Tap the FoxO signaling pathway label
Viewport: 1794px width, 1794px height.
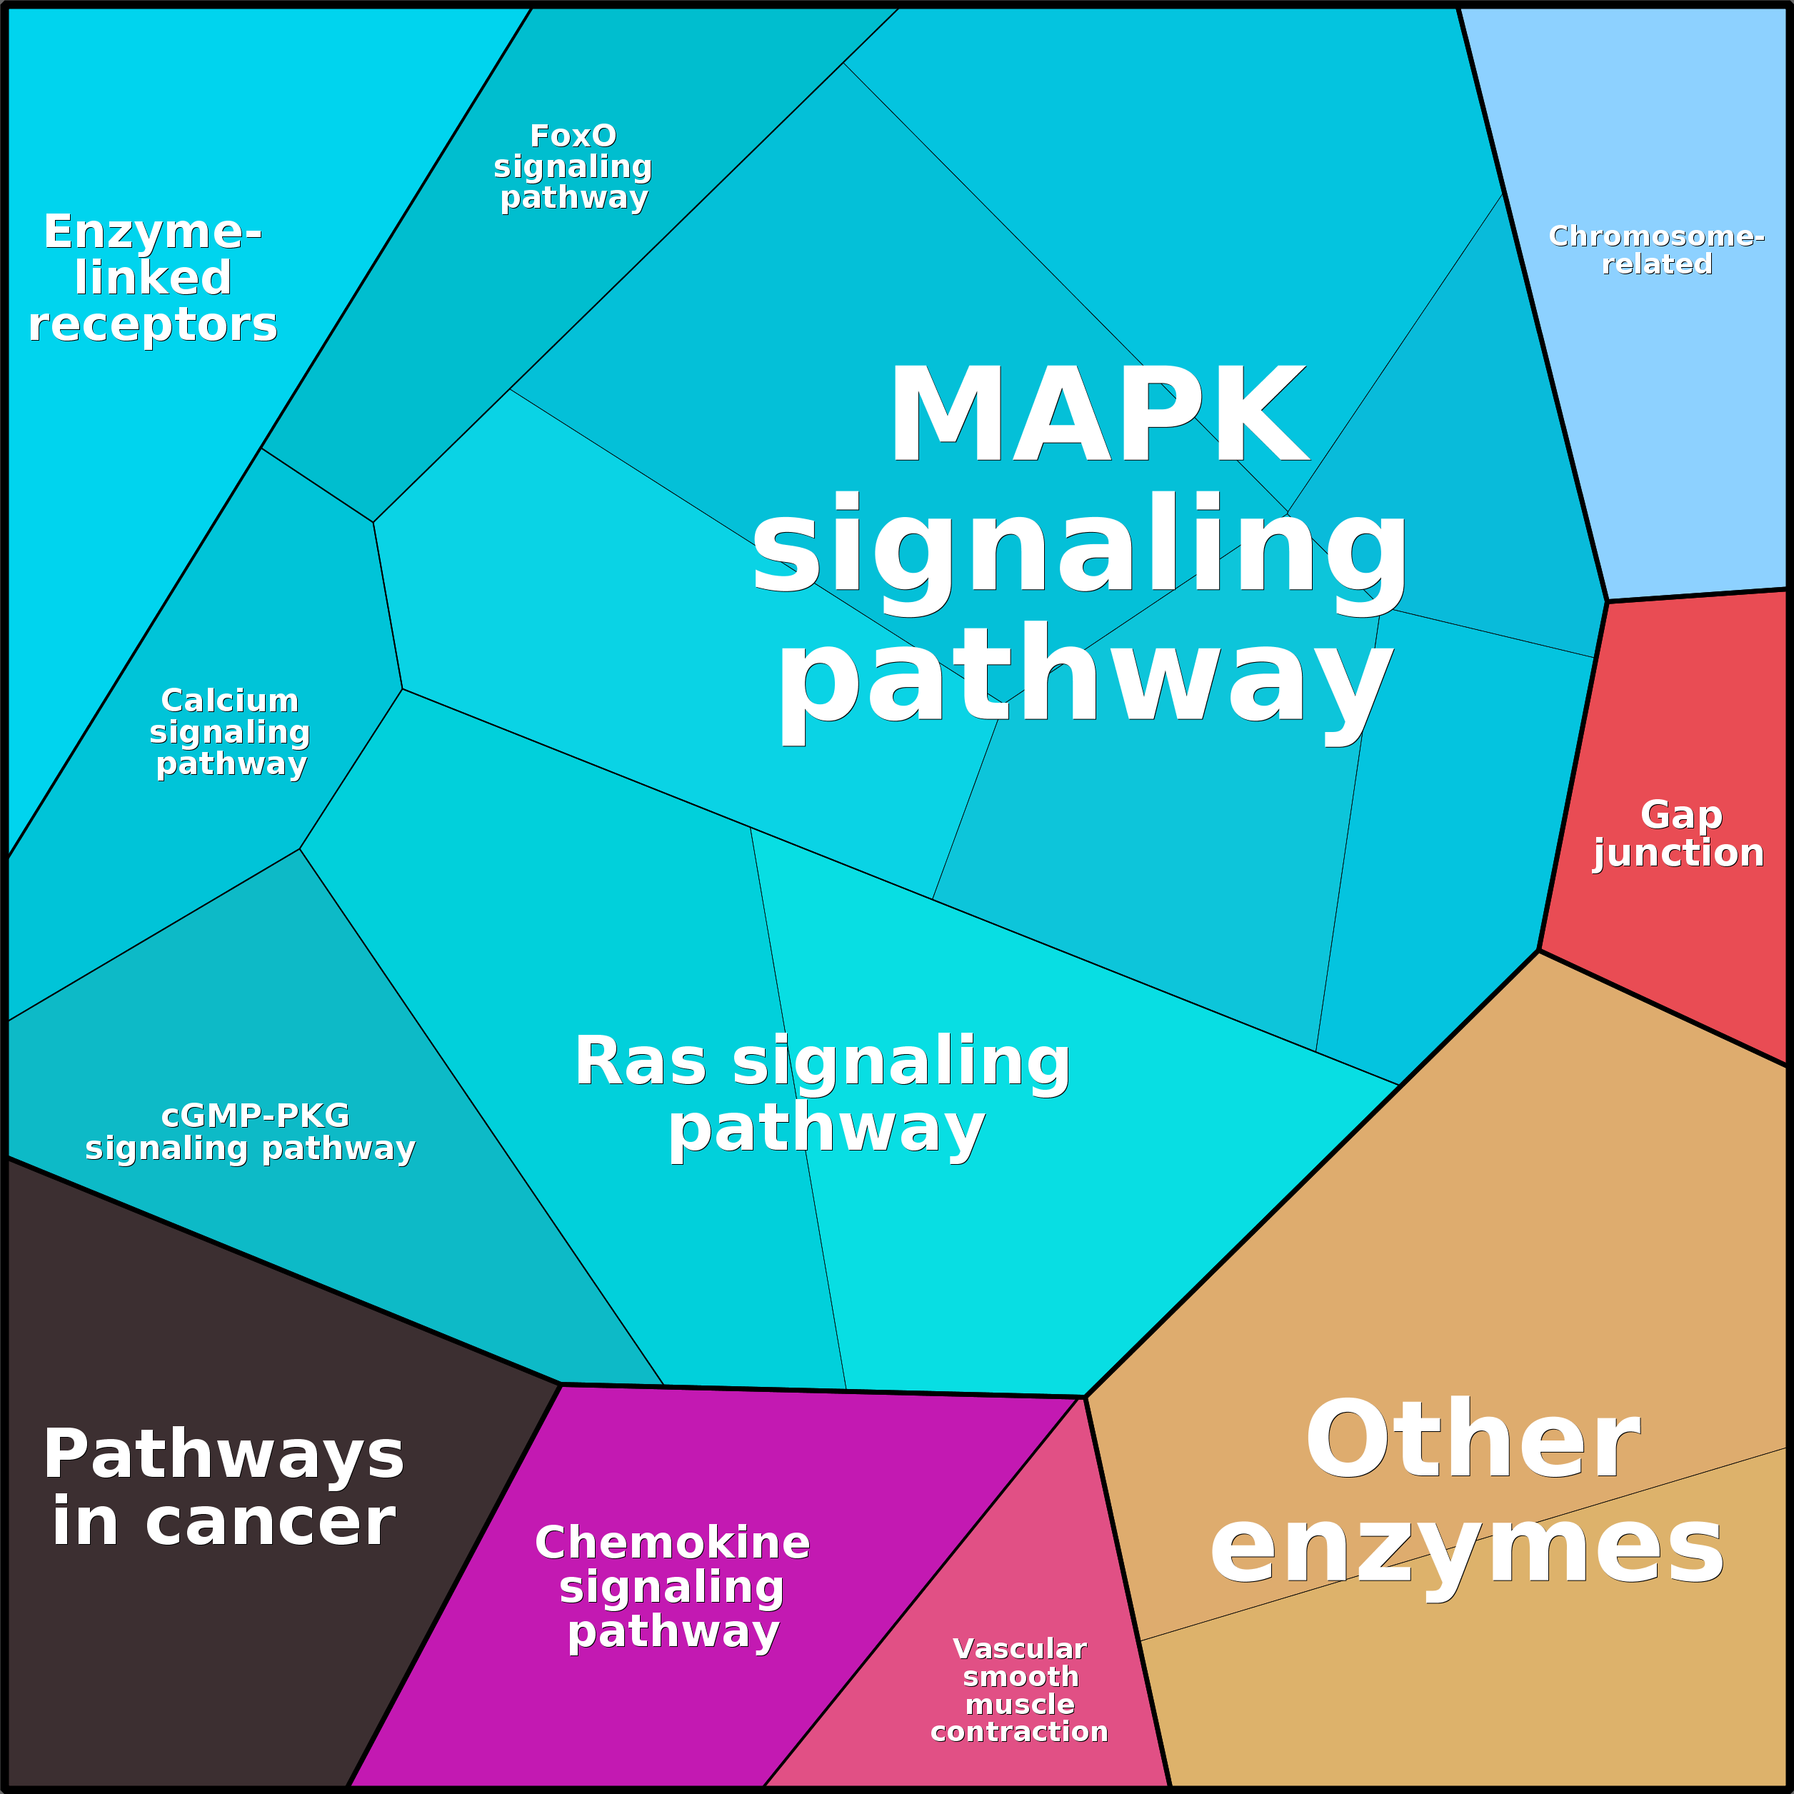coord(573,166)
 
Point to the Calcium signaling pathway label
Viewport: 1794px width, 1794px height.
coord(230,732)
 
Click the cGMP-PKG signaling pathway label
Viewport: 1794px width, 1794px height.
coord(251,1132)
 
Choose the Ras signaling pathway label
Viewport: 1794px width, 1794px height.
coord(823,1095)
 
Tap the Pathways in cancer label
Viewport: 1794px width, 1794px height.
coord(224,1488)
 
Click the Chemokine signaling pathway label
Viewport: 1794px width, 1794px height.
coord(672,1587)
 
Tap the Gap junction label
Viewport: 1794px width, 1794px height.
coord(1680,834)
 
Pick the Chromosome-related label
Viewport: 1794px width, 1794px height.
coord(1657,250)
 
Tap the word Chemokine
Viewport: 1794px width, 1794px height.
coord(672,1543)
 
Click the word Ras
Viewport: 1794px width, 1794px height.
coord(640,1061)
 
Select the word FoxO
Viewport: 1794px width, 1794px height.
coord(573,136)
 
